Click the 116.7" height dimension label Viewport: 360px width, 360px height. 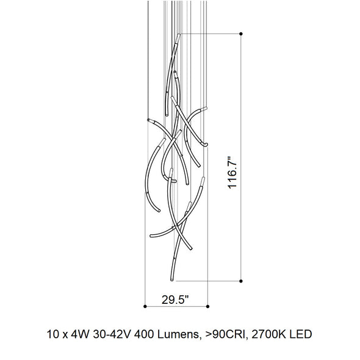[232, 173]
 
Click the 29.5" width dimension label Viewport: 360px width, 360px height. [175, 300]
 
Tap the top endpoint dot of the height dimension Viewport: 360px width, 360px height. [241, 34]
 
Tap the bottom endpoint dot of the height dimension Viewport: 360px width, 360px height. [241, 281]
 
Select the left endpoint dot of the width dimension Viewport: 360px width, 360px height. [145, 306]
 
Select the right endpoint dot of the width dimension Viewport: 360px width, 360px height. [208, 306]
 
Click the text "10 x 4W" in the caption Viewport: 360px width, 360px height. [68, 334]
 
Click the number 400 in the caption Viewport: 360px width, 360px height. [144, 334]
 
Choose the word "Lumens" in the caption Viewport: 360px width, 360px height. [178, 334]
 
